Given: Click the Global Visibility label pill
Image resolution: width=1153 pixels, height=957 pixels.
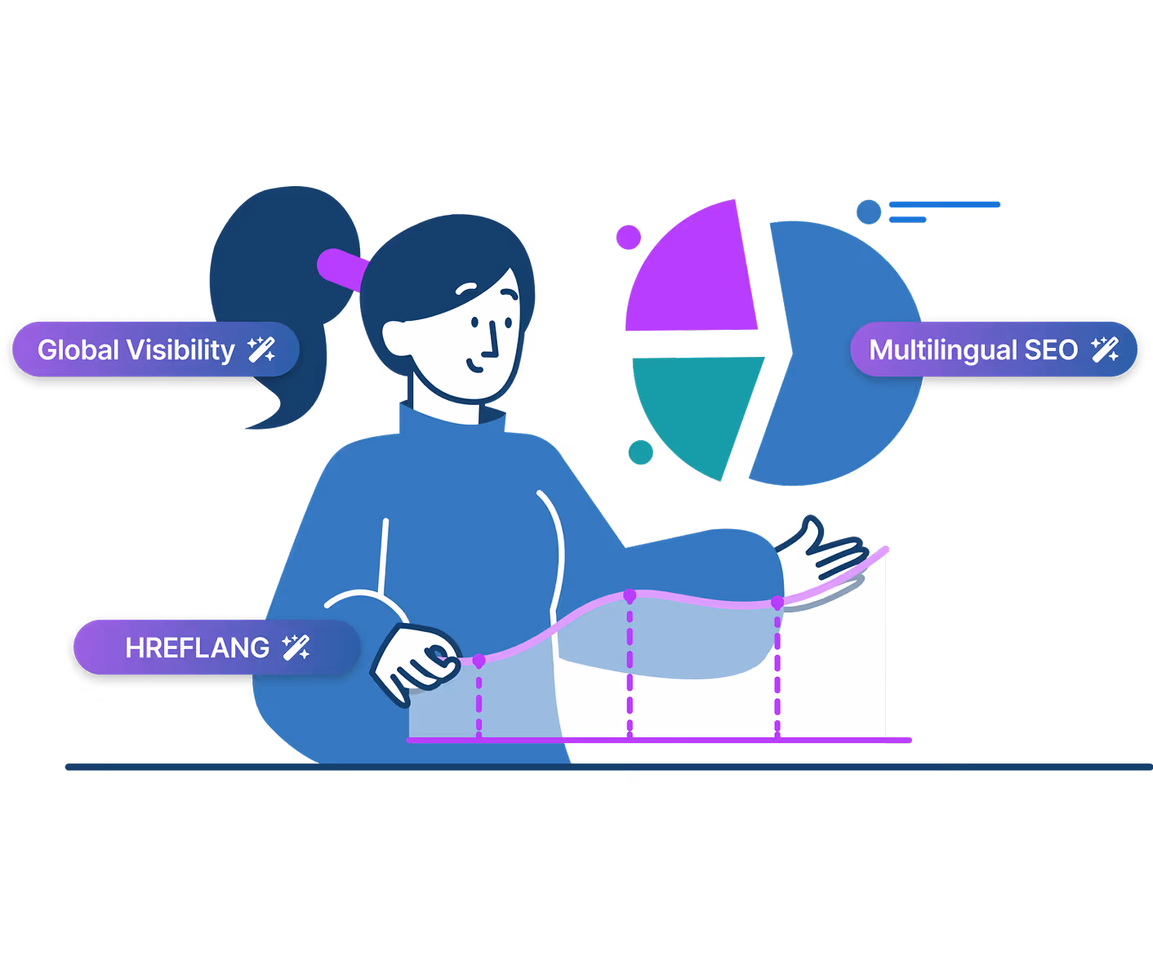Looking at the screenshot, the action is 155,349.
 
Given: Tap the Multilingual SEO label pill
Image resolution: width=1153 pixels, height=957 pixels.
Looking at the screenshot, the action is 993,349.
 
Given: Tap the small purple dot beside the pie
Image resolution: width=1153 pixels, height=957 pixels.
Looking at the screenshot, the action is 628,238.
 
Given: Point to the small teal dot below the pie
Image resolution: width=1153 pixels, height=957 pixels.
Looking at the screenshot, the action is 641,452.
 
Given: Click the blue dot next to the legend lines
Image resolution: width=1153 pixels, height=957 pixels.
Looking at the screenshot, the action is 869,212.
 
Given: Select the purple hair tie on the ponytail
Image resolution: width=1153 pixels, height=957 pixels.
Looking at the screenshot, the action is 341,268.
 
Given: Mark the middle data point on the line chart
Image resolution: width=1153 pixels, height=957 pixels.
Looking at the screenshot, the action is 630,596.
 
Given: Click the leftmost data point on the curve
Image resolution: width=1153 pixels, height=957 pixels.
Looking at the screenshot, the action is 479,660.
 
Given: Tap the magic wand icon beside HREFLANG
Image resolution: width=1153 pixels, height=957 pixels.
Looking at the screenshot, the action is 296,648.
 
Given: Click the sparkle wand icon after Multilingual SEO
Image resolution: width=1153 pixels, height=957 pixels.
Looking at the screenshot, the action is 1105,349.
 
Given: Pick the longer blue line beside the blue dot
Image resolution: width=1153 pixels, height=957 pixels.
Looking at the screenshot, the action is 944,205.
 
